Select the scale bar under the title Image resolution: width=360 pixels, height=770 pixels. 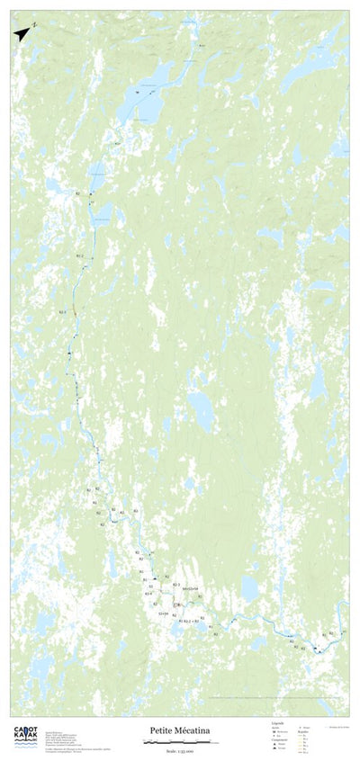pos(181,742)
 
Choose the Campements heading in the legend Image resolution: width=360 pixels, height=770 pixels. pos(279,739)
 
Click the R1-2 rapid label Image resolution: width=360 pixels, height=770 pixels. pos(80,256)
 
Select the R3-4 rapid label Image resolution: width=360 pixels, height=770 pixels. pos(148,594)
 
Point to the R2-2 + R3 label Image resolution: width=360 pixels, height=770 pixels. pos(189,622)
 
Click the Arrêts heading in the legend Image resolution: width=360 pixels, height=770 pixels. pos(275,730)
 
